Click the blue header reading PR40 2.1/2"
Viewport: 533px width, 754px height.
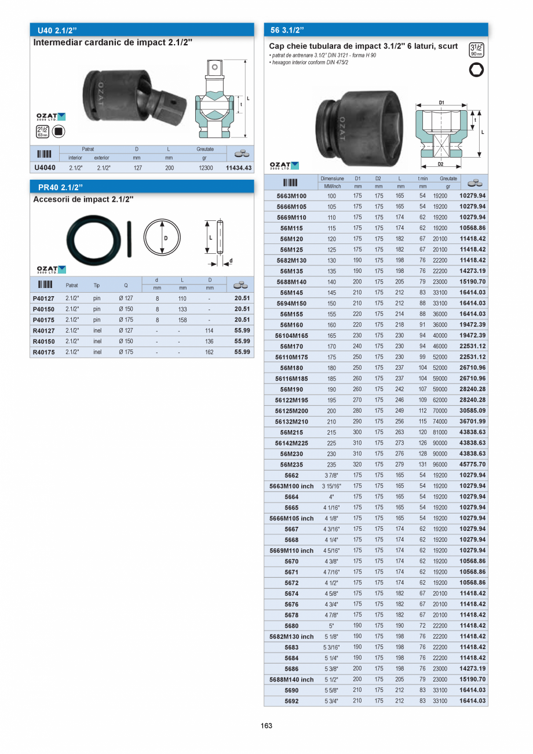click(x=60, y=187)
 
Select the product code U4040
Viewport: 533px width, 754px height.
click(x=45, y=168)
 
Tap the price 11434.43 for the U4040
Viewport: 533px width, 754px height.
click(x=239, y=168)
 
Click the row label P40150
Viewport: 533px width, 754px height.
click(x=43, y=309)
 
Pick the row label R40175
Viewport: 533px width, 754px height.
click(x=43, y=352)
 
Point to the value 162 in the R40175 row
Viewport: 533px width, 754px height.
click(x=209, y=352)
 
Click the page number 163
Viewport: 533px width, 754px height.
click(x=266, y=726)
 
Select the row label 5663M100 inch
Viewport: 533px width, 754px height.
click(x=291, y=486)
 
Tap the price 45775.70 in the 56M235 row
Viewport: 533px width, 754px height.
click(x=472, y=465)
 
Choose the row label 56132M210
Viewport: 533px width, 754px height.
click(x=291, y=422)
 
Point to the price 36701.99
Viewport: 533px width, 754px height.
click(x=472, y=422)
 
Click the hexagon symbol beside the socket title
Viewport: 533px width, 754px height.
click(x=477, y=70)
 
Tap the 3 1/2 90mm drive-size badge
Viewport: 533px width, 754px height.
click(x=477, y=50)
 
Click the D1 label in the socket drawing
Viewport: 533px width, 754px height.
click(x=441, y=103)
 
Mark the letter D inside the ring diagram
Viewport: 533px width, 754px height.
click(x=165, y=238)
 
